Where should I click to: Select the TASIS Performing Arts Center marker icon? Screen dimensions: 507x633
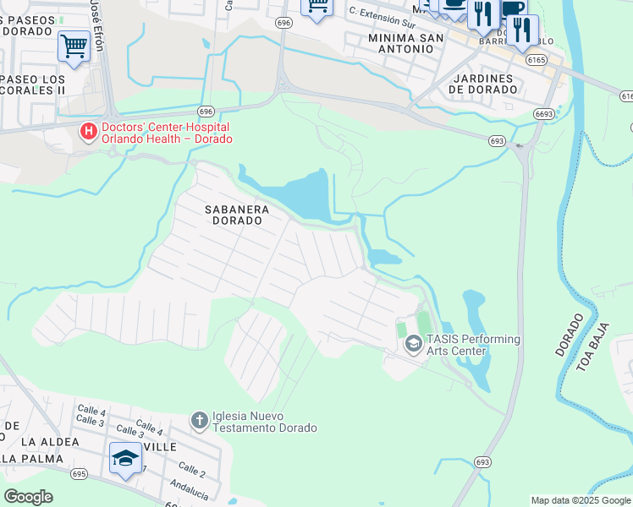coord(413,343)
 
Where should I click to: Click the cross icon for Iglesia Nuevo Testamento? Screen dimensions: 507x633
coord(199,420)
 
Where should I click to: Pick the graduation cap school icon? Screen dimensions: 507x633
coord(125,458)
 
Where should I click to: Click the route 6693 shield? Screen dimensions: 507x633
coord(544,112)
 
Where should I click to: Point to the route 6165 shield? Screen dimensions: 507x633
coord(535,60)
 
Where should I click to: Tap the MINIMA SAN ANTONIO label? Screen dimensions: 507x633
coord(402,43)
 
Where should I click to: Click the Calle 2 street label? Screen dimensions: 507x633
coord(191,469)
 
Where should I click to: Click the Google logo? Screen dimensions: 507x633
coord(28,497)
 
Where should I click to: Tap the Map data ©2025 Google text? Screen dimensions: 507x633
coord(580,500)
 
